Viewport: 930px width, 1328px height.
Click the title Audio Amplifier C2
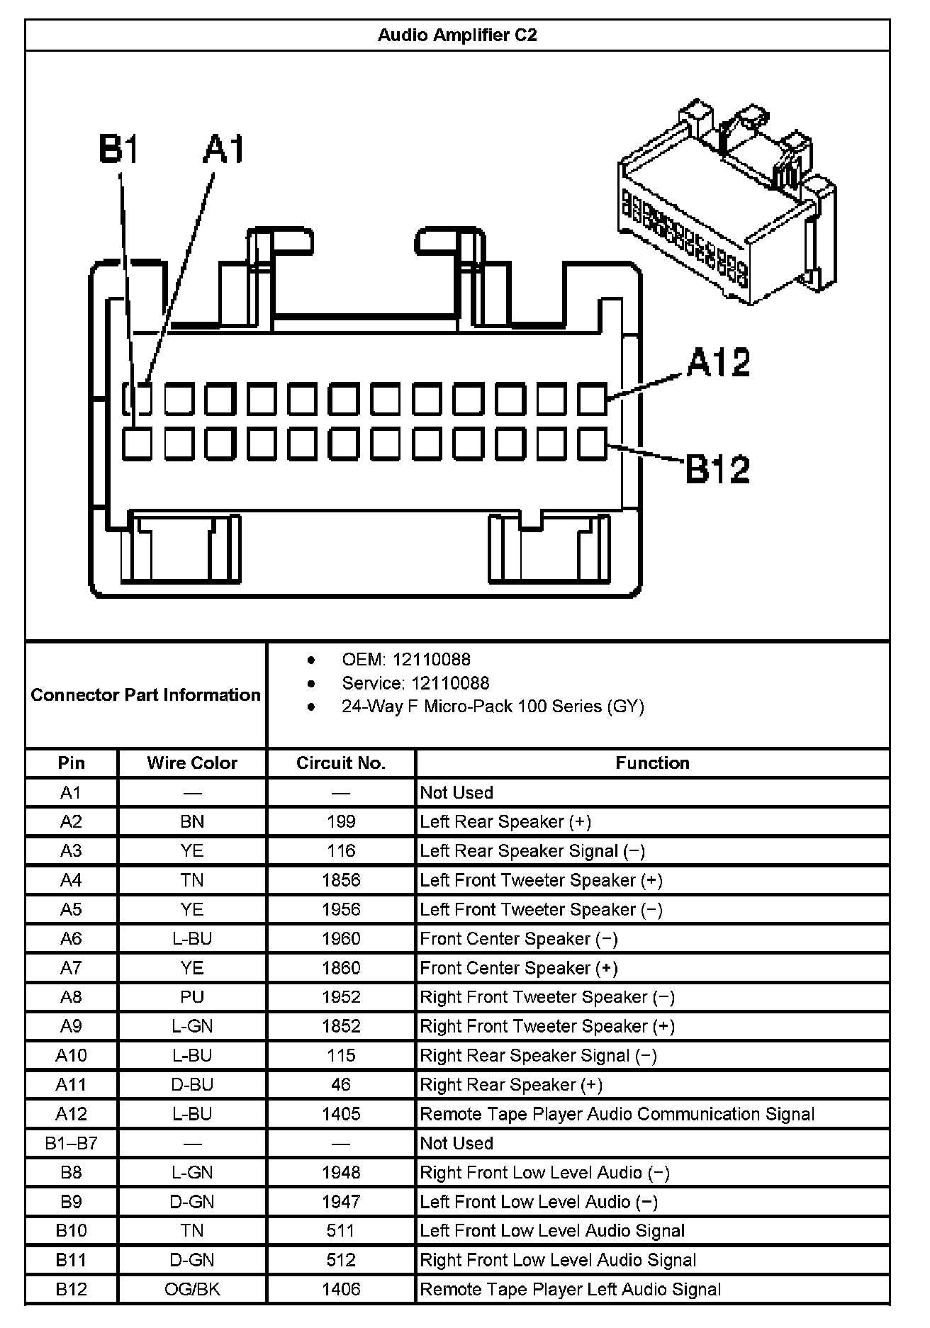point(457,35)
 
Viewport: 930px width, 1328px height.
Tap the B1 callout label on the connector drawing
point(119,150)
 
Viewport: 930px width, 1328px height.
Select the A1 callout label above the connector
point(224,150)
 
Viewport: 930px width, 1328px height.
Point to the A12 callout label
point(718,363)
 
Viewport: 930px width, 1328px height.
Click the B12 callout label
point(717,468)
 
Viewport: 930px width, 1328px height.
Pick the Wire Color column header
point(192,763)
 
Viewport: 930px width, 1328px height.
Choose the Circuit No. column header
point(341,763)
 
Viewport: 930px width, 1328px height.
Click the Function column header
point(652,763)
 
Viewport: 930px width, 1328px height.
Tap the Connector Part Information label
point(146,695)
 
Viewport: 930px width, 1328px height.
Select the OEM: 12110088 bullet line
point(405,660)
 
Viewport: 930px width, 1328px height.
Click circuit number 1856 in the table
point(341,880)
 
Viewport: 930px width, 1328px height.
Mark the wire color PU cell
point(192,997)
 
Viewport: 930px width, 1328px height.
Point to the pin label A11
point(71,1085)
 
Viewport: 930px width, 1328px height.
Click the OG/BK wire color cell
point(192,1289)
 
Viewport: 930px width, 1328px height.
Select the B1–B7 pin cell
point(71,1143)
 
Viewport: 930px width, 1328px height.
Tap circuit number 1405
point(341,1114)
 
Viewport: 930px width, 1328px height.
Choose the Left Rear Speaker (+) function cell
point(505,822)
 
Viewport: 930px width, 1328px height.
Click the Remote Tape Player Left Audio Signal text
point(571,1289)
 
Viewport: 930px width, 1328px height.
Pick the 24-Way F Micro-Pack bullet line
point(493,707)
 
